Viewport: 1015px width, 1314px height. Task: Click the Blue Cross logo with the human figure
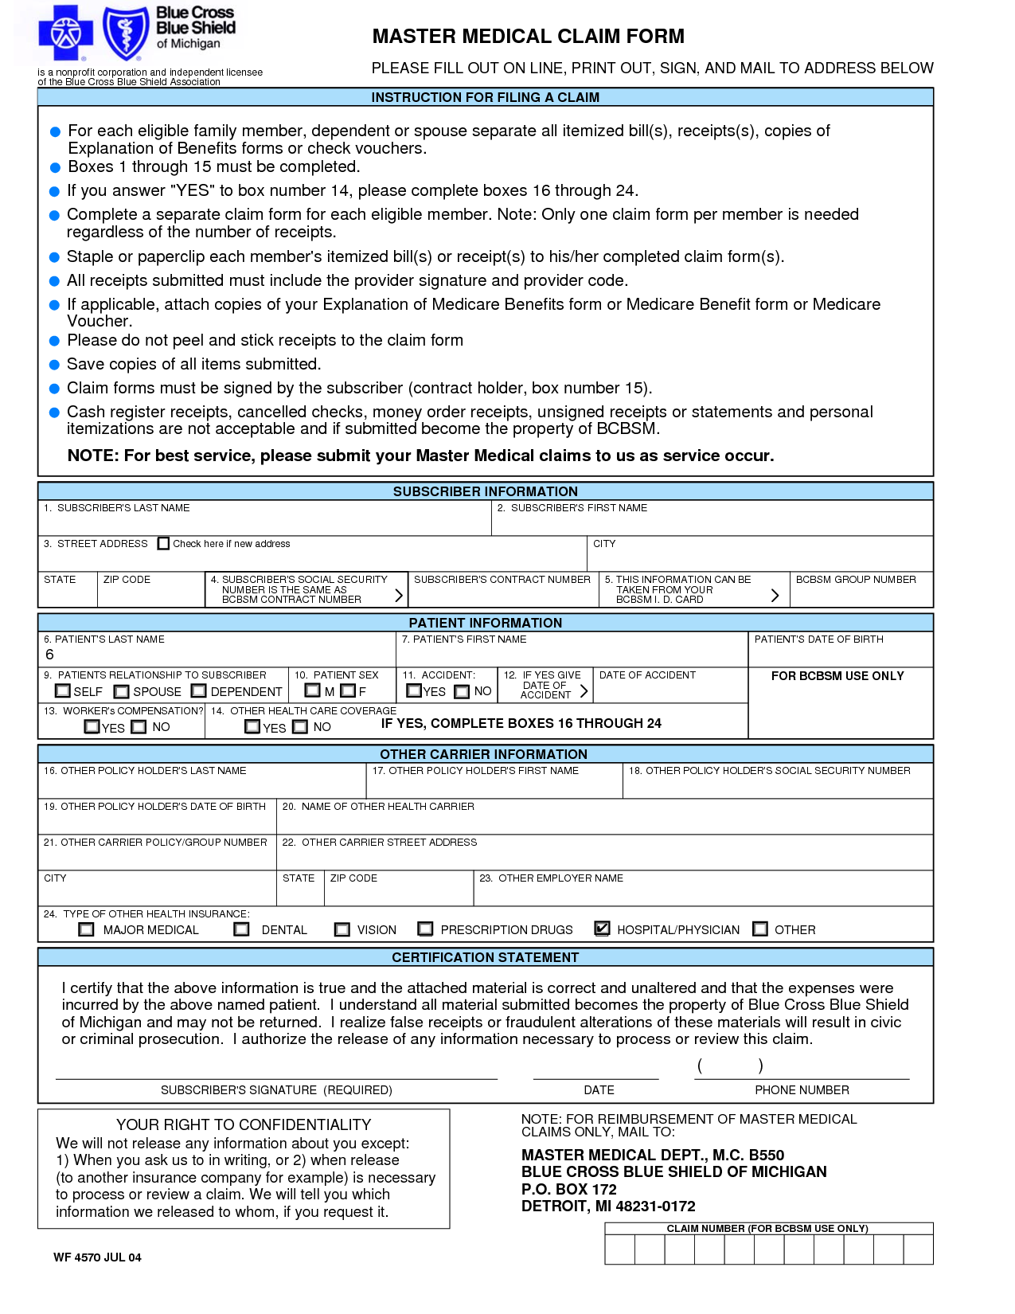pyautogui.click(x=66, y=33)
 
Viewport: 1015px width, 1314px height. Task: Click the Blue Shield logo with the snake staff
pyautogui.click(x=125, y=33)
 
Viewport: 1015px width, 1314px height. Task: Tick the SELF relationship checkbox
pyautogui.click(x=63, y=690)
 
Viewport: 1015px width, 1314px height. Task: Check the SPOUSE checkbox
pyautogui.click(x=121, y=691)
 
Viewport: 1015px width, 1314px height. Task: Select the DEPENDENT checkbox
pyautogui.click(x=199, y=690)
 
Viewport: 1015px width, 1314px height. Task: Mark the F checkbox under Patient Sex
pyautogui.click(x=348, y=690)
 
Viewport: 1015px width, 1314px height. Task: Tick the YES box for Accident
pyautogui.click(x=414, y=690)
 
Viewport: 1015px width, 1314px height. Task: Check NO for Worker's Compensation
pyautogui.click(x=139, y=726)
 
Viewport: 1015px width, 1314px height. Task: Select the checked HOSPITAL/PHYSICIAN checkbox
pyautogui.click(x=603, y=929)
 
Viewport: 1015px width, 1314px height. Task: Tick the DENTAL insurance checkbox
pyautogui.click(x=241, y=929)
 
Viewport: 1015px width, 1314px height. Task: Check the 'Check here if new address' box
pyautogui.click(x=164, y=543)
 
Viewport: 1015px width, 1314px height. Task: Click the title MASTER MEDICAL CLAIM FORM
pyautogui.click(x=528, y=37)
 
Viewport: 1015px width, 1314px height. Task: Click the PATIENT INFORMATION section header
pyautogui.click(x=485, y=623)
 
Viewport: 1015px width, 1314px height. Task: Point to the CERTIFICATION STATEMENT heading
pyautogui.click(x=485, y=957)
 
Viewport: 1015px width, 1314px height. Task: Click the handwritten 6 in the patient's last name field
pyautogui.click(x=49, y=655)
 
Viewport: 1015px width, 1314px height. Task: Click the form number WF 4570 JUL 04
pyautogui.click(x=97, y=1257)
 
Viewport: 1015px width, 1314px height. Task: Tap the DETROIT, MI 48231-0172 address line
pyautogui.click(x=608, y=1206)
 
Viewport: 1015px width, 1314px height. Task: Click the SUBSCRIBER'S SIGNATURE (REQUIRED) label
pyautogui.click(x=276, y=1090)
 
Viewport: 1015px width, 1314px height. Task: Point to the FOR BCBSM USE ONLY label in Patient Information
pyautogui.click(x=837, y=676)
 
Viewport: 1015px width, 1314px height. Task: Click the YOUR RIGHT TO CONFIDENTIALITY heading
pyautogui.click(x=244, y=1124)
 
